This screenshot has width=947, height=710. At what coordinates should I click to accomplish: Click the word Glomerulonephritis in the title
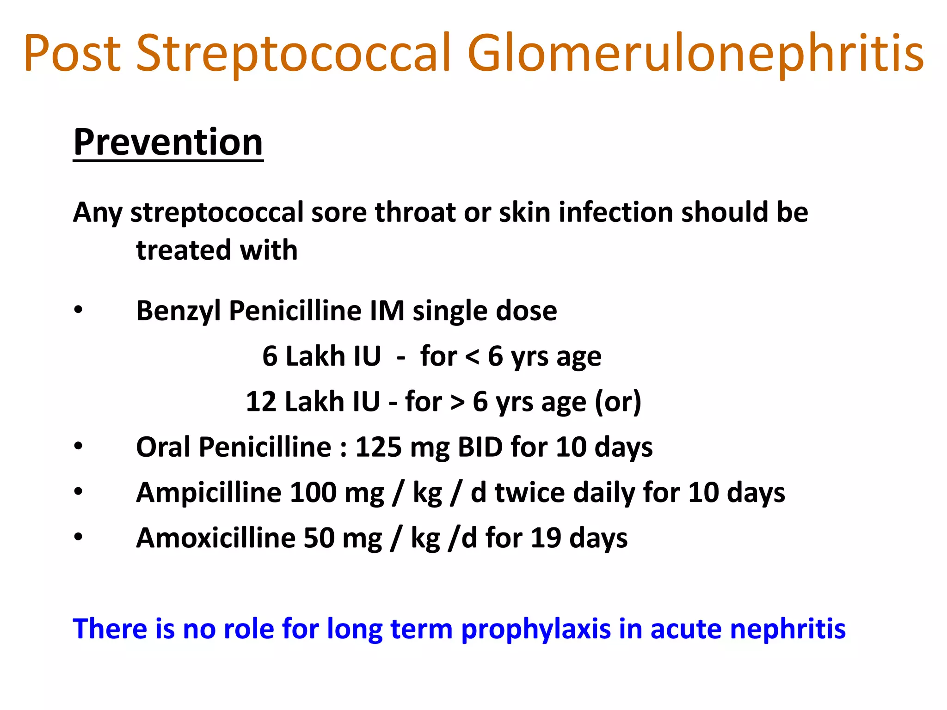coord(695,54)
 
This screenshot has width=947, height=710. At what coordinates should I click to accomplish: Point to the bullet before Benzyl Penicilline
coord(78,310)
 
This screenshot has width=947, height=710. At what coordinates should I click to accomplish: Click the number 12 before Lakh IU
coord(261,401)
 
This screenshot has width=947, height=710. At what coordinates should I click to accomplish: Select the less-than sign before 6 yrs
coord(472,356)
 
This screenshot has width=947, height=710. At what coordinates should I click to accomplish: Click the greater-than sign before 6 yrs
coord(457,402)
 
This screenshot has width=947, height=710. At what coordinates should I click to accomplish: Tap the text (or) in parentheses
coord(618,401)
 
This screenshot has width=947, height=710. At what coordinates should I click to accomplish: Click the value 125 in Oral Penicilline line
coord(378,447)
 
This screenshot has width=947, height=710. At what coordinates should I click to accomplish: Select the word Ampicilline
coord(209,492)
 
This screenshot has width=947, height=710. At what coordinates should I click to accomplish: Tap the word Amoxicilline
coord(215,538)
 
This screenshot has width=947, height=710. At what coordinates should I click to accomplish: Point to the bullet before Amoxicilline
coord(78,538)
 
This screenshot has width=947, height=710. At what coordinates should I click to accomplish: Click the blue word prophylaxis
coord(536,630)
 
